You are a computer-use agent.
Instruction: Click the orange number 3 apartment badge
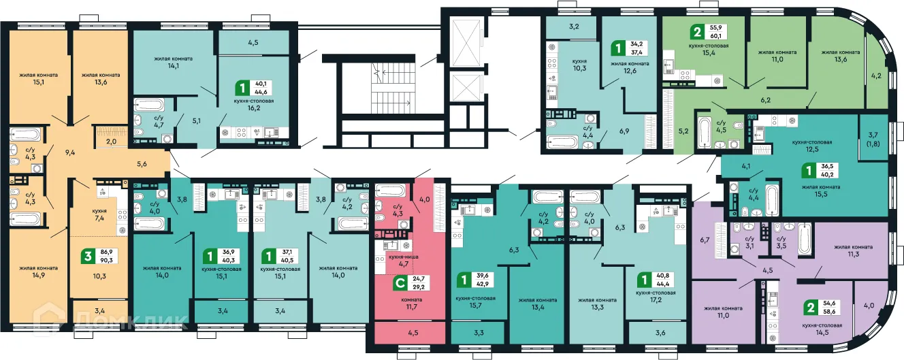pyautogui.click(x=86, y=256)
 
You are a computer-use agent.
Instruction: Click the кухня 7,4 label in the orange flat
pyautogui.click(x=99, y=216)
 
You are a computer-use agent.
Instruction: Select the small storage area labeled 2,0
pyautogui.click(x=110, y=142)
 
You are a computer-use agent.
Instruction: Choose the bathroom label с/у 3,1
pyautogui.click(x=749, y=244)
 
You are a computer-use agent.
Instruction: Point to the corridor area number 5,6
pyautogui.click(x=142, y=163)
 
